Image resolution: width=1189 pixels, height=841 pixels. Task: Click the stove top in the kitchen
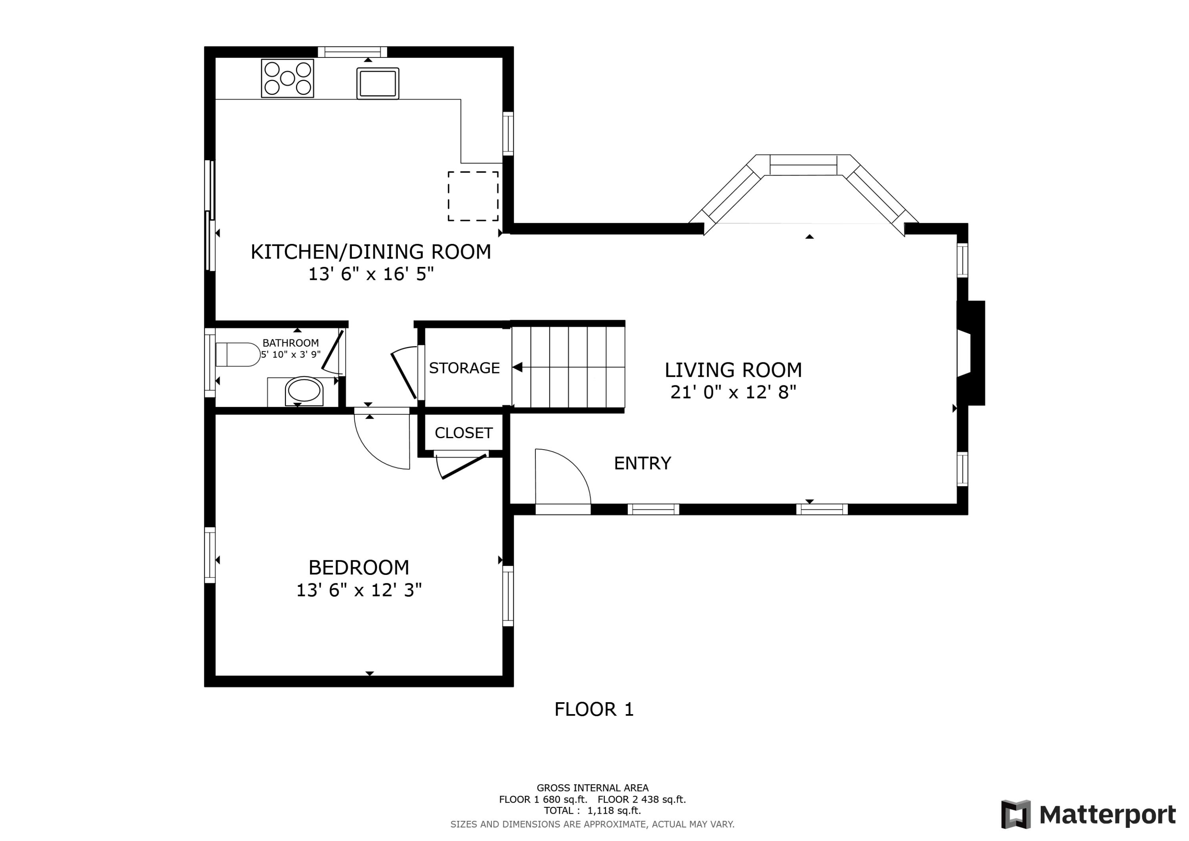(x=287, y=78)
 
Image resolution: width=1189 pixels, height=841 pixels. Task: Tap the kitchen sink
(x=378, y=83)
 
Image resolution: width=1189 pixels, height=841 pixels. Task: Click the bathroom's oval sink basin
(x=304, y=391)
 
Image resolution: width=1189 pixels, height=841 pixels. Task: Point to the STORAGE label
(x=464, y=368)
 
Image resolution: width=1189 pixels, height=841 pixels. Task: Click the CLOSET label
(x=463, y=433)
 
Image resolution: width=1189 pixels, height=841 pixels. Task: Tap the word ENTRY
(x=642, y=463)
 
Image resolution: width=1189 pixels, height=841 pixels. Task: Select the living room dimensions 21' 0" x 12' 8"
(x=733, y=392)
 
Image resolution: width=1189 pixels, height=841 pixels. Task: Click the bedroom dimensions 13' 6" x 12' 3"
(x=358, y=590)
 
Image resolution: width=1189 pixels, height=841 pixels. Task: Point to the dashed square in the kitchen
(x=473, y=196)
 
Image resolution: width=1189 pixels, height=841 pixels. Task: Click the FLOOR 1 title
(x=594, y=709)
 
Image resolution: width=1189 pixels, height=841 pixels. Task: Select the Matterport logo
(x=1088, y=814)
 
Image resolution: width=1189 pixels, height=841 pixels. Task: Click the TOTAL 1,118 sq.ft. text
(x=592, y=810)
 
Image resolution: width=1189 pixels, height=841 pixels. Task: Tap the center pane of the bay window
(x=803, y=165)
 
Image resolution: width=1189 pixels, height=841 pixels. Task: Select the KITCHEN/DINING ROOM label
(x=371, y=252)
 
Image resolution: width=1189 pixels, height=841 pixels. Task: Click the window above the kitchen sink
(x=352, y=52)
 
